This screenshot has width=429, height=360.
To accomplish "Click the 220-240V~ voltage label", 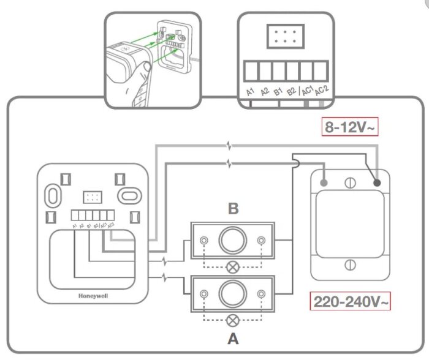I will click(351, 302).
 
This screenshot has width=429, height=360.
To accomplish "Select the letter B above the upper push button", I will click(233, 209).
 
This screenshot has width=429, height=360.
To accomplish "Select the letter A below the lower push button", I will click(233, 337).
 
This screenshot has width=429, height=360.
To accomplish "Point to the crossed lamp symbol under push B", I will click(233, 266).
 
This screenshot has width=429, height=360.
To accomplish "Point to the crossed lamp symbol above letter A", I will click(233, 319).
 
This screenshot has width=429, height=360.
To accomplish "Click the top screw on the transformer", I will click(349, 182).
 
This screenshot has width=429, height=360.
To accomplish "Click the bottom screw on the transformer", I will click(349, 264).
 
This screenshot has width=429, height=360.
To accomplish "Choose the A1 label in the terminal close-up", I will click(250, 92).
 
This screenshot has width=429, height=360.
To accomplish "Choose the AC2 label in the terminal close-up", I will click(319, 91).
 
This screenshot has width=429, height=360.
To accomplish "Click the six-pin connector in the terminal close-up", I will click(284, 37).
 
